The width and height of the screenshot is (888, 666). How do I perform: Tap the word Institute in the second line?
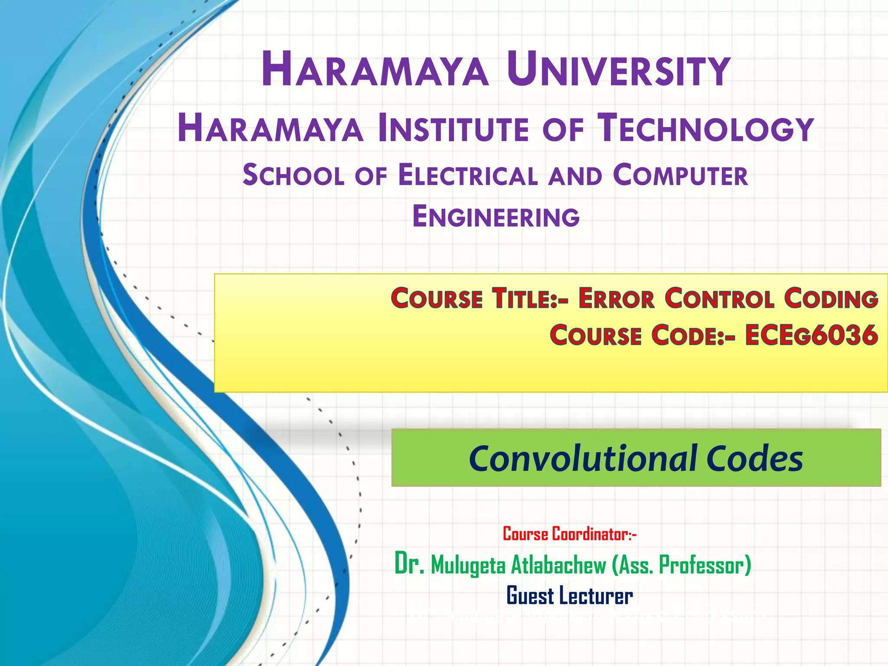click(454, 128)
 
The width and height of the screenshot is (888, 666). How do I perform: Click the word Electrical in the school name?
click(468, 176)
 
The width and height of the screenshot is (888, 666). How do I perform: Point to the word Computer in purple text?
click(680, 176)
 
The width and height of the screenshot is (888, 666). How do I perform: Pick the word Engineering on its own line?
click(496, 217)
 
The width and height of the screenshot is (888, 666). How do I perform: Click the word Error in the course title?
click(616, 299)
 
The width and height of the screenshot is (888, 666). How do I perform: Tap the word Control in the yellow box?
click(720, 299)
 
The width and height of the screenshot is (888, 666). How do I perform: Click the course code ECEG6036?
click(811, 335)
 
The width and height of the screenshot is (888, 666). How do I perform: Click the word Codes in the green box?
click(754, 458)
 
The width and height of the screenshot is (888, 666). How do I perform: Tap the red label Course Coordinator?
click(569, 534)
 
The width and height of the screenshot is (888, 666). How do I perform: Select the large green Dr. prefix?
click(409, 564)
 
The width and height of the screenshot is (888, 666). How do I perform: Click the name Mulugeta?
click(468, 565)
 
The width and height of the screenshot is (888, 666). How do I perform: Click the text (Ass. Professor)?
click(682, 565)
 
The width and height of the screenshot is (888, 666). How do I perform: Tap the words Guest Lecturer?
click(569, 596)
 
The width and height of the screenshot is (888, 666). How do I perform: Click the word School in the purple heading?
click(293, 176)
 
